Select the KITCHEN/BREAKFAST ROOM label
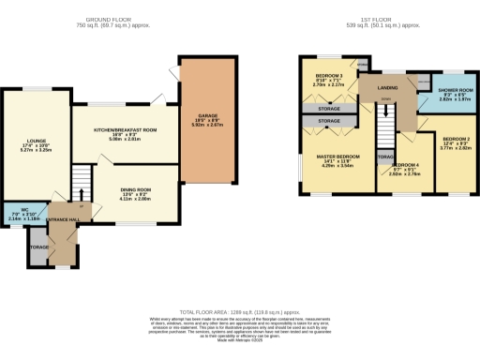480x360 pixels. (125, 132)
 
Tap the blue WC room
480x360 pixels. (23, 213)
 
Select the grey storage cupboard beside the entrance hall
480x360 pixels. (38, 247)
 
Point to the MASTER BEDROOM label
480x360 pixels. (335, 157)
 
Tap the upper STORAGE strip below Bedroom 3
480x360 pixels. (328, 109)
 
